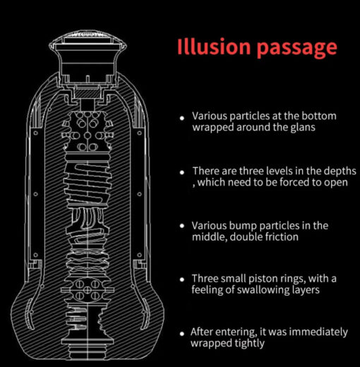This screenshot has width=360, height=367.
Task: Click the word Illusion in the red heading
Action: click(x=213, y=47)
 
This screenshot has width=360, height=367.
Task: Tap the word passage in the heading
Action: click(x=297, y=49)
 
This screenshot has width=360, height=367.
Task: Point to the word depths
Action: click(x=340, y=172)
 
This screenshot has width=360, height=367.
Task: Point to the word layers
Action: click(x=306, y=290)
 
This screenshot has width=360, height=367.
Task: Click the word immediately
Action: click(x=318, y=332)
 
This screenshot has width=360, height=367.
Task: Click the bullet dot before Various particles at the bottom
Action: click(x=182, y=118)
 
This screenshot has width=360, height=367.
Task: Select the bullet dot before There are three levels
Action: click(x=182, y=172)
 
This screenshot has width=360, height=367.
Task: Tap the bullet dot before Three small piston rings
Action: click(x=182, y=279)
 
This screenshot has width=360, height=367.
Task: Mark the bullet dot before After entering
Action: click(x=182, y=334)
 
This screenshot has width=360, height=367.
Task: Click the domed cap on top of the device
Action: click(x=88, y=40)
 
